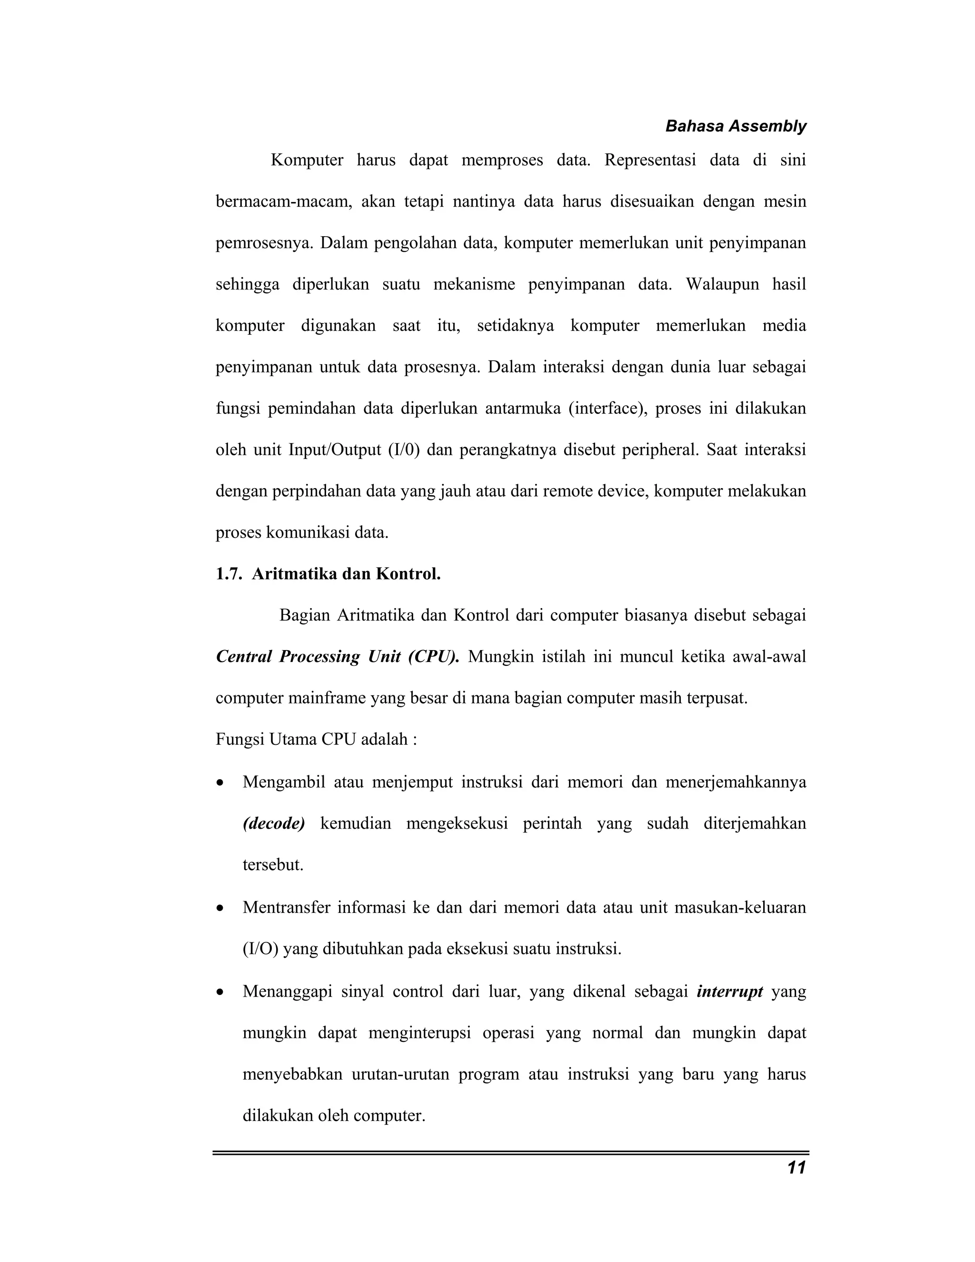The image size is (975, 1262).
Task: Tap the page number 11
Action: pos(796,1168)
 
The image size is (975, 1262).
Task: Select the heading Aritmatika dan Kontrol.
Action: pos(346,574)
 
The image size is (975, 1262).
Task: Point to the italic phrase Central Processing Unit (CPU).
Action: pos(338,657)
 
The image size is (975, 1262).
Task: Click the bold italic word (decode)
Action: pos(273,823)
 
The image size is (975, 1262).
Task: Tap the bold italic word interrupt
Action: pos(729,992)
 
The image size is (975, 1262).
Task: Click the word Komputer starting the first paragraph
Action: pos(307,160)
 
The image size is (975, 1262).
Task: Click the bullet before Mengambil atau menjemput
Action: pos(219,783)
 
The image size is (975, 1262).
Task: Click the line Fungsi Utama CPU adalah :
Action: pos(316,739)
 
